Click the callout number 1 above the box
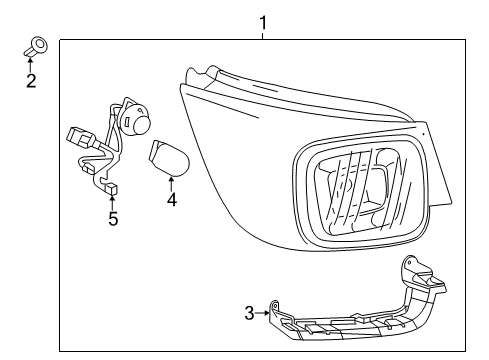(263, 21)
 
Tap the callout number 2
(30, 81)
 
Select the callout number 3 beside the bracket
(249, 314)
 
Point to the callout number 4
(172, 199)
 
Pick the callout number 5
(113, 219)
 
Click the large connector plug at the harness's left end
(79, 138)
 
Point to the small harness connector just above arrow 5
(112, 187)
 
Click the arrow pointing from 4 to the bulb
(172, 182)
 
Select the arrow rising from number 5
(113, 203)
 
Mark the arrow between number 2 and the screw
(31, 62)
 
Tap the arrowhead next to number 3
(266, 313)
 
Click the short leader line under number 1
(263, 35)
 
